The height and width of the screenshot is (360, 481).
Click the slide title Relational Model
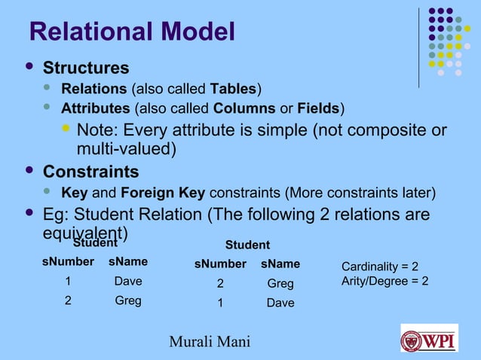point(131,32)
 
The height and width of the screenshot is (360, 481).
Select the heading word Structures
point(86,69)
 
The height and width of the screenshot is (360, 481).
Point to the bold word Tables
point(235,90)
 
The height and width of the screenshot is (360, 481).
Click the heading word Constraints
point(90,172)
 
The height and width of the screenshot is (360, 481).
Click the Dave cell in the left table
point(127,282)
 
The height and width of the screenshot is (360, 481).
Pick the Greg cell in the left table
point(127,301)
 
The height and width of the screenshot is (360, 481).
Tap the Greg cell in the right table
point(280,285)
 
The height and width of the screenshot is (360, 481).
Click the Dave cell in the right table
point(280,304)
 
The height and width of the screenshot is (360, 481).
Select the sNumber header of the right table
point(220,264)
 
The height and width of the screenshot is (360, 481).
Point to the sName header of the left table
point(128,262)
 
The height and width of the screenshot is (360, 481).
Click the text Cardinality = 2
point(380,267)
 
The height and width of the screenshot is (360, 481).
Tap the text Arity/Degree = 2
point(385,281)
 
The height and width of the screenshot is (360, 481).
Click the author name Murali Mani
point(210,343)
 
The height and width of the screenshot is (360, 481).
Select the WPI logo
point(428,338)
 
